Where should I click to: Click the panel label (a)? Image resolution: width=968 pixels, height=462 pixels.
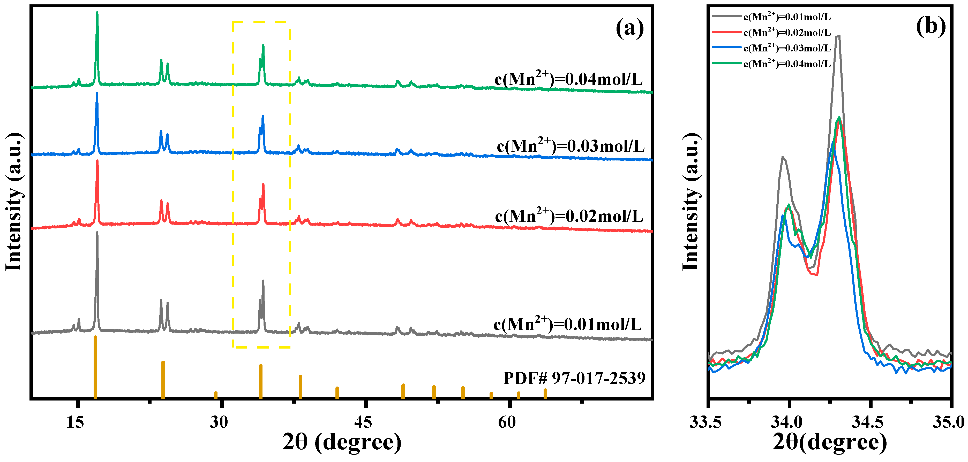629,28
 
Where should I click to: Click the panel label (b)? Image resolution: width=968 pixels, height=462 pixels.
931,26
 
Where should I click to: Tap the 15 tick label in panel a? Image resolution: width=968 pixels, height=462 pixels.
75,422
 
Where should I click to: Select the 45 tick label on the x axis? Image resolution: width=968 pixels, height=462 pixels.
363,422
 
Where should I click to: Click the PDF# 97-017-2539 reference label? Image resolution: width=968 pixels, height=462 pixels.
574,378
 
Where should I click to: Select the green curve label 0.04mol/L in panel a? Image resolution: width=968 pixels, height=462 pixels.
568,79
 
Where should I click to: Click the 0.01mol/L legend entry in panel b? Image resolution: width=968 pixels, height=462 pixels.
787,17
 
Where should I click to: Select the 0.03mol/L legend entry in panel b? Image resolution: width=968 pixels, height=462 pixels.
787,48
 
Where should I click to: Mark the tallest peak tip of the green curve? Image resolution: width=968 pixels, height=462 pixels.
97,12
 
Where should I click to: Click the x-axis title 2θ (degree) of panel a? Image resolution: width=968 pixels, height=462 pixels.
342,442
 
